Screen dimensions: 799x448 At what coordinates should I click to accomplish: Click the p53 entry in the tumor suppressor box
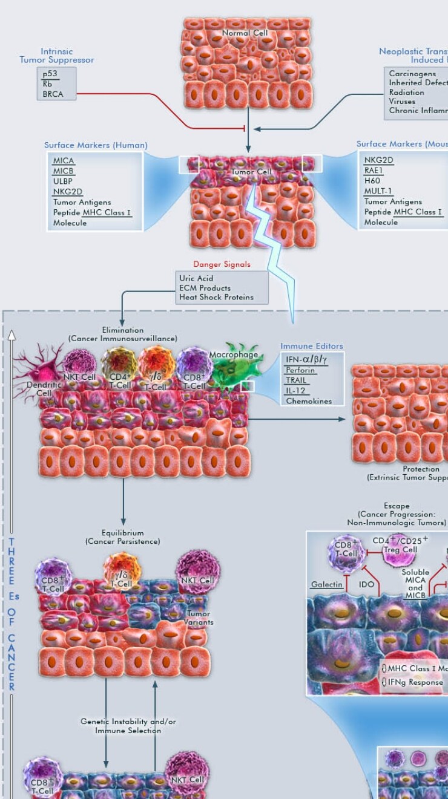click(x=50, y=74)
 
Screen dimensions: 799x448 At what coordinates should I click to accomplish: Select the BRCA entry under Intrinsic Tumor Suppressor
click(x=53, y=94)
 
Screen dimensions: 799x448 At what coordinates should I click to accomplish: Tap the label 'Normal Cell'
click(x=245, y=33)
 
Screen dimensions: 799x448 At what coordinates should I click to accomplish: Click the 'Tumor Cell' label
click(x=251, y=172)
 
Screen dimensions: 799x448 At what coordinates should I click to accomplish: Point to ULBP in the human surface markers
click(x=63, y=181)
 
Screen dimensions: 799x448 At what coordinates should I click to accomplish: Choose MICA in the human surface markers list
click(x=64, y=160)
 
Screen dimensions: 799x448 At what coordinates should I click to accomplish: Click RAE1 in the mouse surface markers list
click(x=374, y=170)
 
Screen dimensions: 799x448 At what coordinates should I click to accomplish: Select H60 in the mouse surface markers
click(x=372, y=180)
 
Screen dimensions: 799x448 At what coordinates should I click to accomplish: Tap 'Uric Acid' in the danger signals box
click(x=196, y=278)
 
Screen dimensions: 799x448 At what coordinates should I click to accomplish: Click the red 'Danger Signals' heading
click(x=222, y=264)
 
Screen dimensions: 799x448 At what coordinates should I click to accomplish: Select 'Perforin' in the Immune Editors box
click(x=300, y=370)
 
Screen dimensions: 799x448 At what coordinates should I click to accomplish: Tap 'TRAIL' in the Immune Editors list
click(x=297, y=380)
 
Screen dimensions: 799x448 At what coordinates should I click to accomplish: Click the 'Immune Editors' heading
click(x=311, y=346)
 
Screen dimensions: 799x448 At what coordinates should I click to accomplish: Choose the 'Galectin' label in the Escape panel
click(x=327, y=585)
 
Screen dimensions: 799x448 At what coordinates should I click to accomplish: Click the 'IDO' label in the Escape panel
click(x=366, y=585)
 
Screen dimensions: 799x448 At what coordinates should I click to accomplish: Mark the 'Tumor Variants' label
click(x=199, y=618)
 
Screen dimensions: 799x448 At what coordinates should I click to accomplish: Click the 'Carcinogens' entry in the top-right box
click(x=412, y=74)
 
